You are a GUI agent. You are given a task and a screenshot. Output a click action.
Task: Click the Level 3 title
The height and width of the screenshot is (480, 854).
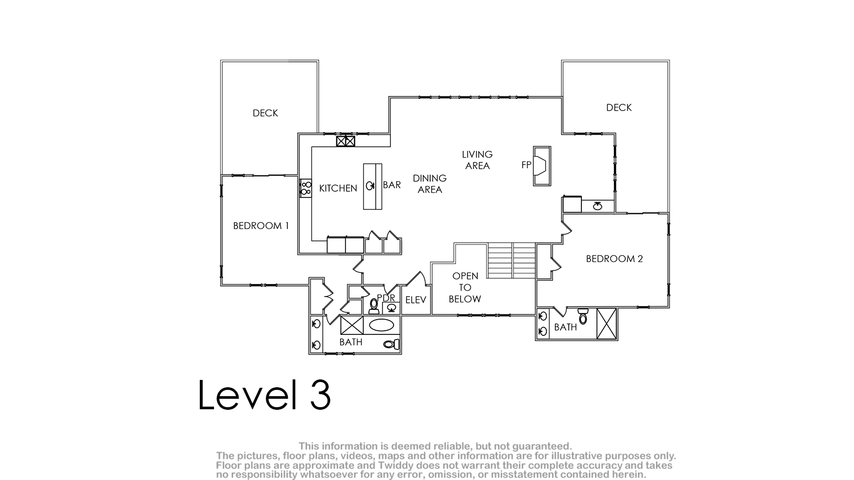point(264,395)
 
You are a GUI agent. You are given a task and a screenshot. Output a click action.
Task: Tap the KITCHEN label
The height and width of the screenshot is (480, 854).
point(338,188)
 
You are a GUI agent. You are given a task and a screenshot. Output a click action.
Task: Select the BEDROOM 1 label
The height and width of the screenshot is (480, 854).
point(261,226)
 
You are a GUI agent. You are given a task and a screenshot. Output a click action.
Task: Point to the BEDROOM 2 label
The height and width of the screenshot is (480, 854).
point(614,258)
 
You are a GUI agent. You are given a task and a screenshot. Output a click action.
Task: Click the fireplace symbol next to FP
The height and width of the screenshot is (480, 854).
point(542,166)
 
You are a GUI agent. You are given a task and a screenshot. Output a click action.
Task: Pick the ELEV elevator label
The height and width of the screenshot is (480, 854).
point(415,300)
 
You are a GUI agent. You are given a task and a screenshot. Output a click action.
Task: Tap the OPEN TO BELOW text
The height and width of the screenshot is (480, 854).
point(465,287)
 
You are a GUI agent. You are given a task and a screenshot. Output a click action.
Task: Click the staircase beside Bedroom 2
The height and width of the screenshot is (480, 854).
point(512,260)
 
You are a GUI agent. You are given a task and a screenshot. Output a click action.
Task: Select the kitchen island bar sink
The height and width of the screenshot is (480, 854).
point(369,186)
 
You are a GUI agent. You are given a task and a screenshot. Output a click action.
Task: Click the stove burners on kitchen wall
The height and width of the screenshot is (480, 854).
point(306,188)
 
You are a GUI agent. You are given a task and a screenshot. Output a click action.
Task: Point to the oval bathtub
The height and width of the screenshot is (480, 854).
point(381,325)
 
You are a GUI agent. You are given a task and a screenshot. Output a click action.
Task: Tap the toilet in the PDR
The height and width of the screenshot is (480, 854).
point(374,306)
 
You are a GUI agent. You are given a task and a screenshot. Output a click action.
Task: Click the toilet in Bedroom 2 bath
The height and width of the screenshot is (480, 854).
point(583,316)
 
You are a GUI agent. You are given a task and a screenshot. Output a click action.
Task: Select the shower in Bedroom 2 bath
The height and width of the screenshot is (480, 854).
point(606,323)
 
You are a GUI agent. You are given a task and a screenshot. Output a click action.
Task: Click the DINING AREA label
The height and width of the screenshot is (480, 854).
point(430,184)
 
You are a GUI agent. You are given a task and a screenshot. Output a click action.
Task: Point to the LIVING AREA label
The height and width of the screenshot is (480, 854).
point(477,160)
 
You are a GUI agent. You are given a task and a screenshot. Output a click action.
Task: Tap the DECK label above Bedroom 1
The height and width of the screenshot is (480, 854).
point(265,113)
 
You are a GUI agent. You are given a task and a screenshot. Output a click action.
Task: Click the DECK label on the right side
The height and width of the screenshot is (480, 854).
point(619,107)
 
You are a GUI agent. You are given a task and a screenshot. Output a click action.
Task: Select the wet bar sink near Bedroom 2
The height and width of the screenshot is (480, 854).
point(598,206)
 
